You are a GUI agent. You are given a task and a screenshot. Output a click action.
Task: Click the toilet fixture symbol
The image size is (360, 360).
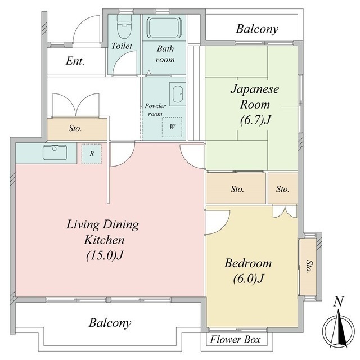point(124,26)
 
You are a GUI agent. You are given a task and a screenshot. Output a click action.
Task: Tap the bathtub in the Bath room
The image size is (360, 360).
point(164,28)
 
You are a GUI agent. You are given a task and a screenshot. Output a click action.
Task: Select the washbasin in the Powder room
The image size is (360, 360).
point(178,94)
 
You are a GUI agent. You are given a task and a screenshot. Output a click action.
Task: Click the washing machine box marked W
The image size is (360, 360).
point(172,127)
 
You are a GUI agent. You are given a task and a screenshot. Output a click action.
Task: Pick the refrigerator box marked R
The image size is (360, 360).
point(92,154)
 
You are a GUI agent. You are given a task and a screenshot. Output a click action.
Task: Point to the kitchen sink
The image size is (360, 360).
point(55,152)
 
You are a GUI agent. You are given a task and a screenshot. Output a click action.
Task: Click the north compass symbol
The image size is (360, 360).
point(339,328)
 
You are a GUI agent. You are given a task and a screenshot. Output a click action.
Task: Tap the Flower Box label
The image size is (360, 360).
point(235,339)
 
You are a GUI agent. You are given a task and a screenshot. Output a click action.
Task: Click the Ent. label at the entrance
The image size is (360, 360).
point(75,61)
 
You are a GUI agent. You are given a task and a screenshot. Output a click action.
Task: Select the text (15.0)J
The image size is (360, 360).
point(105,255)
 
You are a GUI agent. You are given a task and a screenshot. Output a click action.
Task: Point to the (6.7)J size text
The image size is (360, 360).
point(255,120)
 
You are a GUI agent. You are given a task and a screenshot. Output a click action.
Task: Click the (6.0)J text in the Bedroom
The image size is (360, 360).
point(249,278)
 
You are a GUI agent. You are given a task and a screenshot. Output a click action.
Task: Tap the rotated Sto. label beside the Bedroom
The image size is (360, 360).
point(309,266)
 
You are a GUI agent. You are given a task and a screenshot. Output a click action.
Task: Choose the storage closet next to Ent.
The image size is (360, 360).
point(77,128)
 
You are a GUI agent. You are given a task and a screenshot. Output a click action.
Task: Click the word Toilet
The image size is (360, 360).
point(121,46)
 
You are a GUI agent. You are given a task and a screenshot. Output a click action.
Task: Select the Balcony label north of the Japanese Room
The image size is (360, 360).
point(257,29)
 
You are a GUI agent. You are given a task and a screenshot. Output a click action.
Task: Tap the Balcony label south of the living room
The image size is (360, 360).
point(110,323)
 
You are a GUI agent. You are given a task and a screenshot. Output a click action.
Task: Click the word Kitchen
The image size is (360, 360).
point(105,240)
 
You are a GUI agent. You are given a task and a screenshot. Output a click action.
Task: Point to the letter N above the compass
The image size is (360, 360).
point(339,301)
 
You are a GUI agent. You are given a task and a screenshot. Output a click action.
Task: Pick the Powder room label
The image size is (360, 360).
point(155,110)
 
